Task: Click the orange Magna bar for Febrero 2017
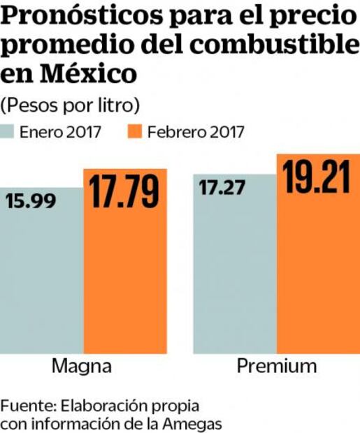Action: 125,286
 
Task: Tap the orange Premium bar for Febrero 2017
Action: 318,279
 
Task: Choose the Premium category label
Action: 276,367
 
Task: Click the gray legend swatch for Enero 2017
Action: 8,131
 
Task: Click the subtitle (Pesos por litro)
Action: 71,105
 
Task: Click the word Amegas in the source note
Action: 197,423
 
